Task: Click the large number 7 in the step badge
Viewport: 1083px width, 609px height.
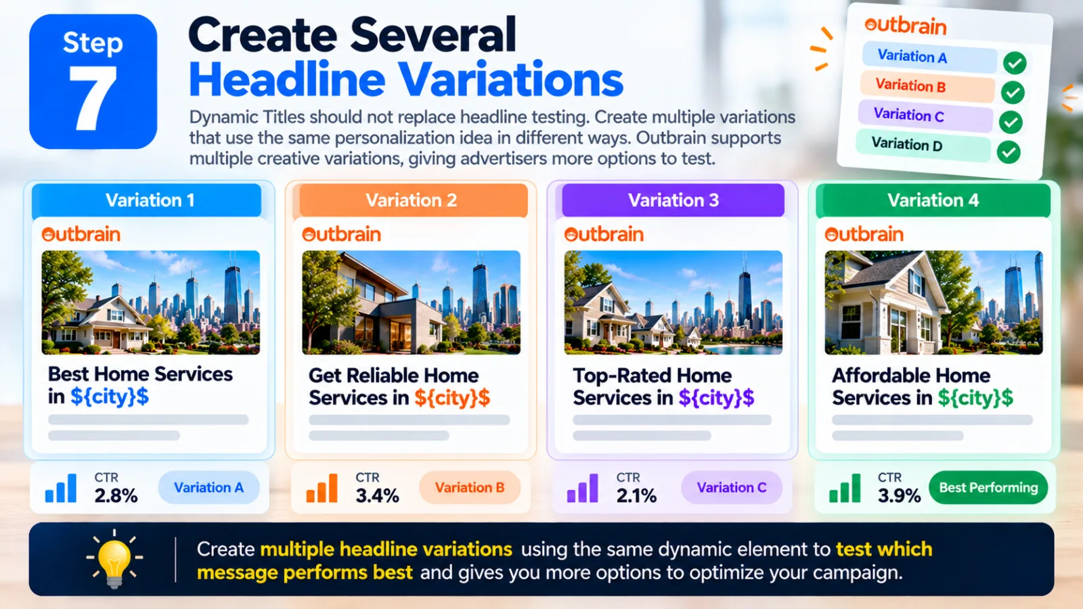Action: click(94, 97)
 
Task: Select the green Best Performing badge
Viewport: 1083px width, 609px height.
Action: click(988, 488)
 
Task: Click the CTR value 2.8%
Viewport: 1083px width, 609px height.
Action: click(116, 495)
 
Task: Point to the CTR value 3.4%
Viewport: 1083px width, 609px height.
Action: click(377, 495)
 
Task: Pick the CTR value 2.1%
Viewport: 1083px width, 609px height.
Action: click(636, 495)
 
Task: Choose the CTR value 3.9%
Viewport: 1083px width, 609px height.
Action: click(900, 495)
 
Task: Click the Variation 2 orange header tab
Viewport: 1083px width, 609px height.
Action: click(412, 200)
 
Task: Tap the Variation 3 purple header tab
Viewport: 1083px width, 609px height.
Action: click(673, 200)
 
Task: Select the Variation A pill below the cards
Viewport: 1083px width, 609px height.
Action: click(208, 488)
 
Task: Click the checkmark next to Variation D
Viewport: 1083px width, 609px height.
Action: click(1009, 152)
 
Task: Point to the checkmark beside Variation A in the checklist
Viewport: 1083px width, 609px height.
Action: click(1015, 63)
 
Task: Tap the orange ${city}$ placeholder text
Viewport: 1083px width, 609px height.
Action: click(452, 398)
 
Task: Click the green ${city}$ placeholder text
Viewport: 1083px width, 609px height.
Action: click(975, 398)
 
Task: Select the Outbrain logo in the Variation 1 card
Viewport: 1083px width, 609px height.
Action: click(81, 234)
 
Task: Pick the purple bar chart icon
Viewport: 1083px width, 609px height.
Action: click(582, 488)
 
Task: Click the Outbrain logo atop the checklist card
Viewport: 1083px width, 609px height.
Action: click(905, 26)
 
